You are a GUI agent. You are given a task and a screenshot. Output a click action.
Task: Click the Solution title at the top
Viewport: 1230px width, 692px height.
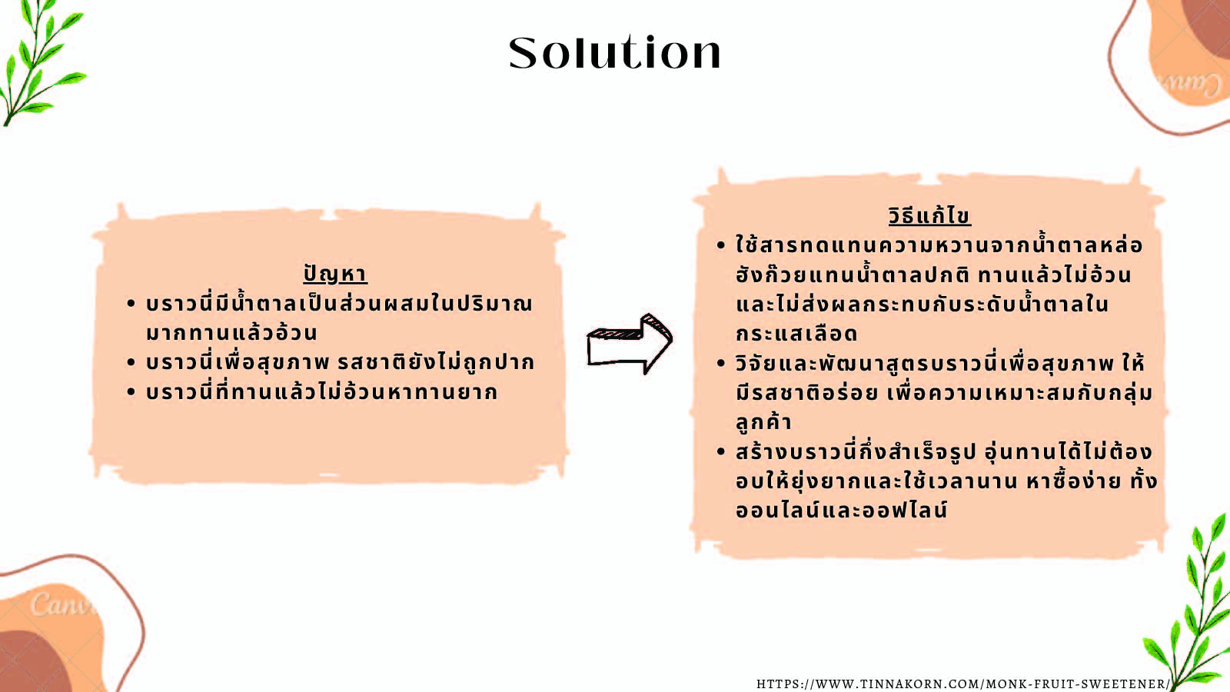tap(614, 53)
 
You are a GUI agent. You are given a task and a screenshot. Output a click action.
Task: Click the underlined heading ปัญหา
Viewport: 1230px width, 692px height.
tap(335, 274)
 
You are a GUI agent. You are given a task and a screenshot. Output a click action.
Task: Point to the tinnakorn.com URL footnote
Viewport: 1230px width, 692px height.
tap(963, 684)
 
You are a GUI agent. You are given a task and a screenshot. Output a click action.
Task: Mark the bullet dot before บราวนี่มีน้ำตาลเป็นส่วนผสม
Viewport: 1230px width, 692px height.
tap(131, 304)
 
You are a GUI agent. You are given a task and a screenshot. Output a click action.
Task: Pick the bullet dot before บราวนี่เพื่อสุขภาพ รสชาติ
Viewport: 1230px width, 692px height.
tap(131, 362)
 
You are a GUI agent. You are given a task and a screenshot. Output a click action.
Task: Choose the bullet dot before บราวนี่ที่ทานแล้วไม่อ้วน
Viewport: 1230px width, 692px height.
tap(131, 392)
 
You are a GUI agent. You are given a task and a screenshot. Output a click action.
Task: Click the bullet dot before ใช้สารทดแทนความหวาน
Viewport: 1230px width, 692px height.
tap(721, 245)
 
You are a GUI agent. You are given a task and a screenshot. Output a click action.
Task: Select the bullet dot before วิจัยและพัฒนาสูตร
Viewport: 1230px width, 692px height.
tap(721, 364)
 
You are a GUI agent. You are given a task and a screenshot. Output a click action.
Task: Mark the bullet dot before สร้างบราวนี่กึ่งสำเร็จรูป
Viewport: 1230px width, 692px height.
tap(721, 452)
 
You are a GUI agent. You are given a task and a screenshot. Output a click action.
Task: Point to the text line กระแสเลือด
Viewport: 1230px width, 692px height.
tap(796, 334)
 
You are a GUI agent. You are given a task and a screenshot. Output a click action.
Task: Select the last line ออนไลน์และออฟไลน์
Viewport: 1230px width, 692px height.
tap(842, 510)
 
